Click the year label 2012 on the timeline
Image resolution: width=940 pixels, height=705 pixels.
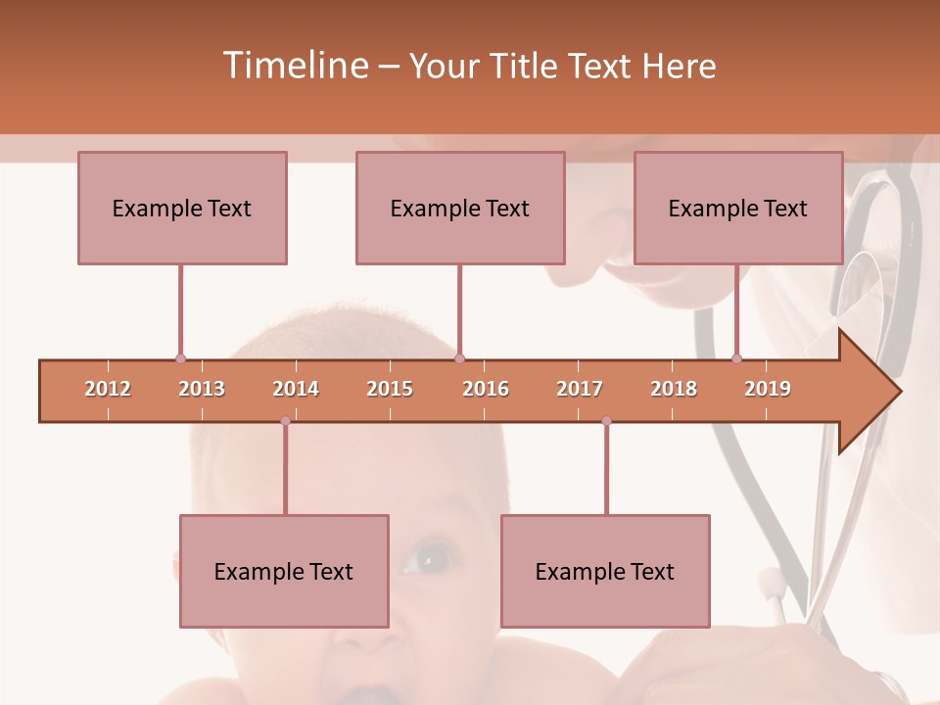coord(108,389)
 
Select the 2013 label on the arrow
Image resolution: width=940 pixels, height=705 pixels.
coord(202,389)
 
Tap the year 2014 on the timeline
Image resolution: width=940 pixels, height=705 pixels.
coord(296,389)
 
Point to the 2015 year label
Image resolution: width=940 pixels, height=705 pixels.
coord(390,389)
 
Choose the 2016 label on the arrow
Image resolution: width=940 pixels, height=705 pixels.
coord(486,389)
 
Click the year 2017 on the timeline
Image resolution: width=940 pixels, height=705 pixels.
coord(580,389)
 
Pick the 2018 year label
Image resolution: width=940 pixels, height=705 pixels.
coord(674,389)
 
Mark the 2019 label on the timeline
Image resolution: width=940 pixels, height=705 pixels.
coord(768,389)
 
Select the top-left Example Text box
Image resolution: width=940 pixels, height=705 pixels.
coord(182,208)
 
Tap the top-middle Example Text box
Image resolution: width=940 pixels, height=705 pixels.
coord(460,208)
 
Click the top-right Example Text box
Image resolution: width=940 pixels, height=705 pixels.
coord(738,208)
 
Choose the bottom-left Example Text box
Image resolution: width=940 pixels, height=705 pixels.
coord(284,571)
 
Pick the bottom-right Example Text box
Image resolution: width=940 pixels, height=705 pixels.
coord(605,571)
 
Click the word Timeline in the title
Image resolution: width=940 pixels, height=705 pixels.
coord(295,66)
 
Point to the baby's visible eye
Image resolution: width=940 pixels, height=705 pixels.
coord(427,559)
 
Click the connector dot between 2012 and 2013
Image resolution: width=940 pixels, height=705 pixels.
coord(180,359)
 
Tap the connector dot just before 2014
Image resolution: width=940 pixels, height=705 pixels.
coord(285,421)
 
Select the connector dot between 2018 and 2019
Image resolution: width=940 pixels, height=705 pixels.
coord(736,359)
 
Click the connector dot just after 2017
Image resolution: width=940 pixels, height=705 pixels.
coord(606,421)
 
